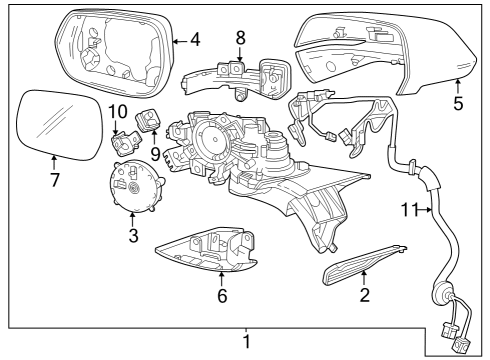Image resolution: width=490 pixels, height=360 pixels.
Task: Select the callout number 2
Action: [x=365, y=295]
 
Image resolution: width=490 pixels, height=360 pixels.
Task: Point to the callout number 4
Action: [x=195, y=41]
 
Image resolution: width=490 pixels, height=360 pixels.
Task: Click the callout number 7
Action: [x=55, y=180]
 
